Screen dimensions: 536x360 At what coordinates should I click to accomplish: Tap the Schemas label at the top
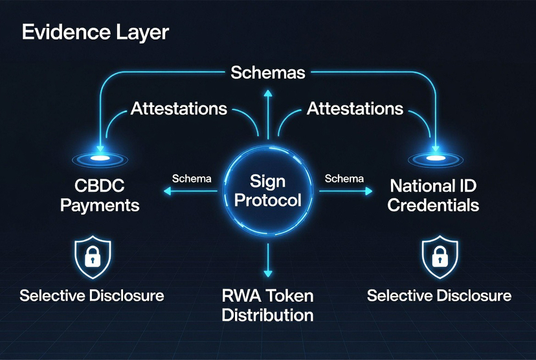[267, 73]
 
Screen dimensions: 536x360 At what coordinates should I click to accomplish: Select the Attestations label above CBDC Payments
[179, 108]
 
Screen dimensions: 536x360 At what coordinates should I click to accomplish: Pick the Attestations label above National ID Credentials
[355, 108]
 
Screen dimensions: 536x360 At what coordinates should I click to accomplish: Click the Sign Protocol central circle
[267, 189]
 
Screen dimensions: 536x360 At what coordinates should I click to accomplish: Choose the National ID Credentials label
[434, 196]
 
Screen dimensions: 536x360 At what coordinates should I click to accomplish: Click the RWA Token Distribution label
[267, 306]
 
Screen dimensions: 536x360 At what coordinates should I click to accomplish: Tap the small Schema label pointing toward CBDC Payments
[192, 179]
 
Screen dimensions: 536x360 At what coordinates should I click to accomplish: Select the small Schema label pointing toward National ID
[344, 179]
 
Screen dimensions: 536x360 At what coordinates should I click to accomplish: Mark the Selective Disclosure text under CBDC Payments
[91, 297]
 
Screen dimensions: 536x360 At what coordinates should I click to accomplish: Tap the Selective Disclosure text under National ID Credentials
[439, 297]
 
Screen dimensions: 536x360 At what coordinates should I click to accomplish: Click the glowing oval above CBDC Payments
[100, 159]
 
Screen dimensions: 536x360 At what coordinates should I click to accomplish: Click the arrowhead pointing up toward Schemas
[267, 93]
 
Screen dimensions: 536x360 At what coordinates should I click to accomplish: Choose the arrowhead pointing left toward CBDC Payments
[167, 191]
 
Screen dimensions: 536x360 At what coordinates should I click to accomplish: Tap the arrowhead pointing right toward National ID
[369, 191]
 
